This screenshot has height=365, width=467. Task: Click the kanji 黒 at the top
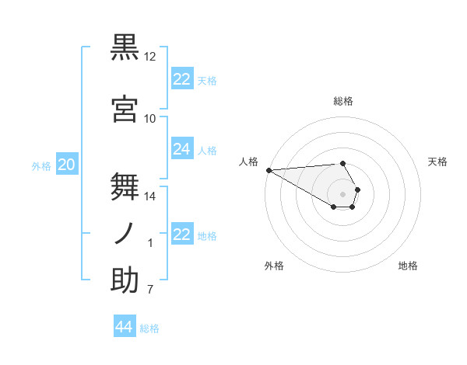(x=125, y=48)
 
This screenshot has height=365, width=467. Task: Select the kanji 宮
(x=125, y=109)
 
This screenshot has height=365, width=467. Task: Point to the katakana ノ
(x=125, y=234)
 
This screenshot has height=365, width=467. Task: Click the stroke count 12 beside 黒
(x=150, y=57)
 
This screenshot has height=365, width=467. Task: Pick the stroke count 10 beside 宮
(x=150, y=119)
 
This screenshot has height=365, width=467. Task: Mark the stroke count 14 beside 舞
(x=150, y=196)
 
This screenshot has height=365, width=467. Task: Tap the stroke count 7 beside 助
(x=150, y=290)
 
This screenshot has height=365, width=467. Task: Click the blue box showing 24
(x=182, y=150)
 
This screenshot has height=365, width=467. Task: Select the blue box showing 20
(x=67, y=165)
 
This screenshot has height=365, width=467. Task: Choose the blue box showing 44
(x=125, y=327)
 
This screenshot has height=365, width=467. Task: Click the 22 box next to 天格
(x=182, y=79)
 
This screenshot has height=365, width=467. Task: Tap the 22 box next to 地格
(x=182, y=235)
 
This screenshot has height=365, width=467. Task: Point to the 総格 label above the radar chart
(x=343, y=101)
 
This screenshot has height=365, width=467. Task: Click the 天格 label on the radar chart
(x=438, y=162)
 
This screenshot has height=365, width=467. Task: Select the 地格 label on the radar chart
(x=408, y=266)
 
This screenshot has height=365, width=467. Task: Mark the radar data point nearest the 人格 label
(x=269, y=170)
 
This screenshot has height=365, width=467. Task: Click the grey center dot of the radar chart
(x=343, y=194)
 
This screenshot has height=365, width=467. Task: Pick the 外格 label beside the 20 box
(x=41, y=165)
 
